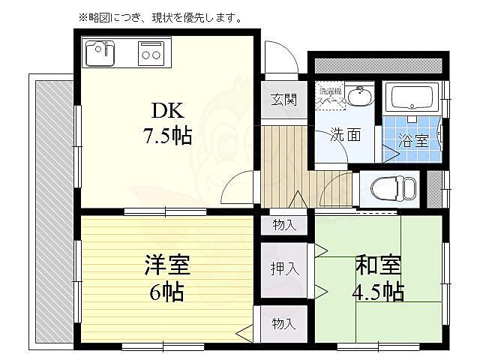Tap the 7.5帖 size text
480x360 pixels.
click(x=167, y=136)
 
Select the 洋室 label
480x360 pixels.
click(x=166, y=265)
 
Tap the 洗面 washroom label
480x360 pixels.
click(x=344, y=136)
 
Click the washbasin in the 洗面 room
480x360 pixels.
click(x=361, y=97)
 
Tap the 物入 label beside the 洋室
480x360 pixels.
click(x=283, y=324)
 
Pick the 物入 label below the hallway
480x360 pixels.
click(x=284, y=223)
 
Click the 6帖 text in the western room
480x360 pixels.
click(x=166, y=290)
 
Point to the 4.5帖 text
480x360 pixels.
click(x=379, y=291)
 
